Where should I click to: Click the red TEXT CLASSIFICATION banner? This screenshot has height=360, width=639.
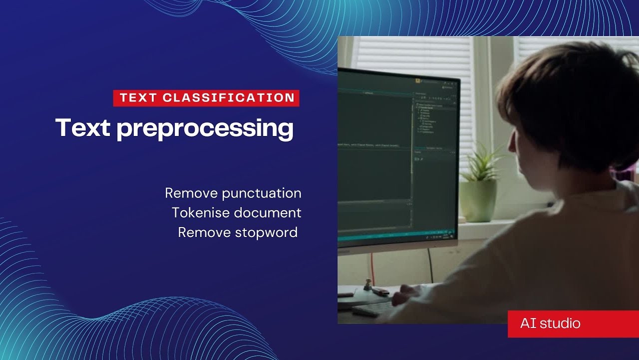click(x=206, y=98)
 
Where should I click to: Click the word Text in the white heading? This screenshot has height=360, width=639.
click(x=82, y=128)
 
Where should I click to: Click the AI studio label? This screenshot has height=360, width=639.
click(x=550, y=323)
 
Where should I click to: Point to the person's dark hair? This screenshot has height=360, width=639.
click(x=569, y=100)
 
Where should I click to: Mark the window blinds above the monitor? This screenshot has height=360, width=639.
click(x=414, y=55)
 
